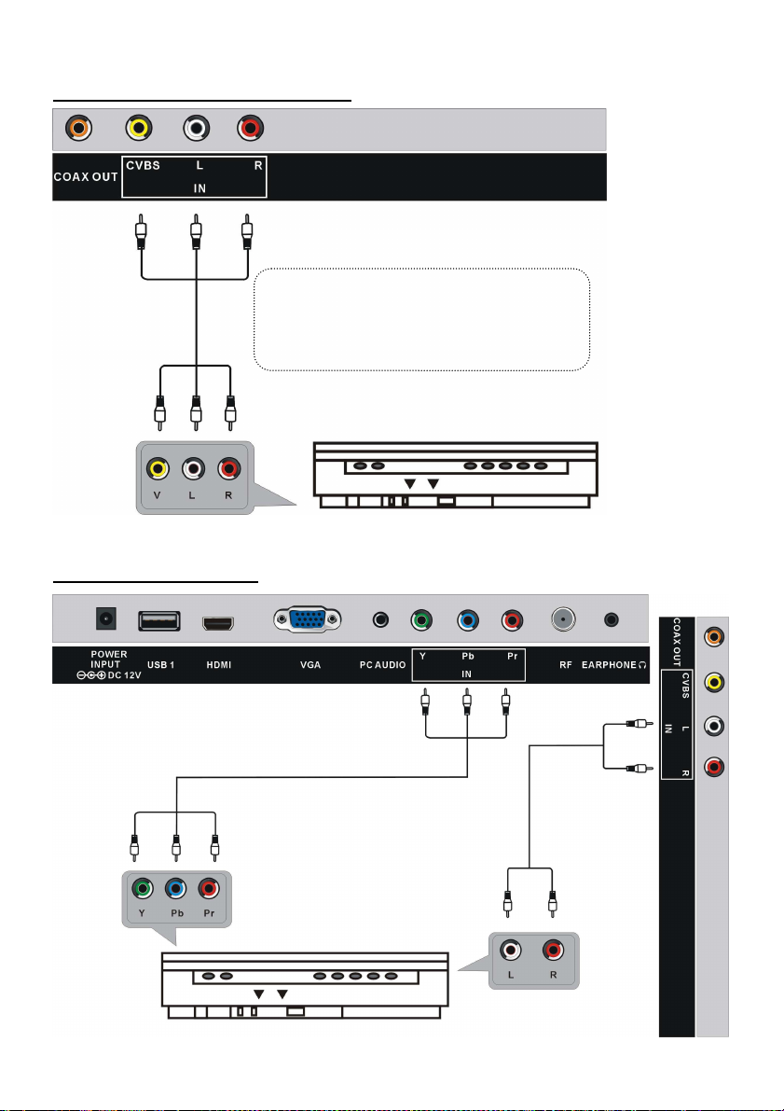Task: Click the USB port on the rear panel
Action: (158, 620)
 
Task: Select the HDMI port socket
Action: (220, 623)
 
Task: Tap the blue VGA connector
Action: (308, 620)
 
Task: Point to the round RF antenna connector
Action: (563, 620)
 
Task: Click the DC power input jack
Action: (106, 619)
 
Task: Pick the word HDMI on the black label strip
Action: (219, 665)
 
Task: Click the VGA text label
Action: (310, 665)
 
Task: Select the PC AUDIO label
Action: (382, 665)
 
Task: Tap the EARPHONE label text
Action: (609, 665)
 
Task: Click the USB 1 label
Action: (160, 665)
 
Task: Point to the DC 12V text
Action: (125, 675)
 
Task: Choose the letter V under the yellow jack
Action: (157, 495)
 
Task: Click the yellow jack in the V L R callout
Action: (158, 468)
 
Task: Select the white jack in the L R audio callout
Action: (510, 951)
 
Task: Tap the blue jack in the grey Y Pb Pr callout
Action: (175, 888)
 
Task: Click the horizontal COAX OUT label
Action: (86, 176)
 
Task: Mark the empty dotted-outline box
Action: (422, 320)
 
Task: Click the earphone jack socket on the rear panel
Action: (612, 620)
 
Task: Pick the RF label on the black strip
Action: (565, 665)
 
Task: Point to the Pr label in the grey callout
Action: (209, 913)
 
